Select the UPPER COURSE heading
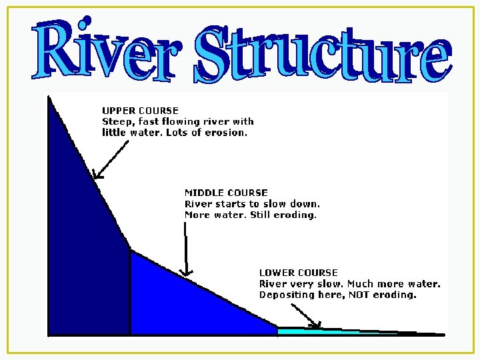(140, 110)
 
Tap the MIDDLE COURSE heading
(226, 193)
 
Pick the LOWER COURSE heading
(298, 273)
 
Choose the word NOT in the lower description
(356, 295)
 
